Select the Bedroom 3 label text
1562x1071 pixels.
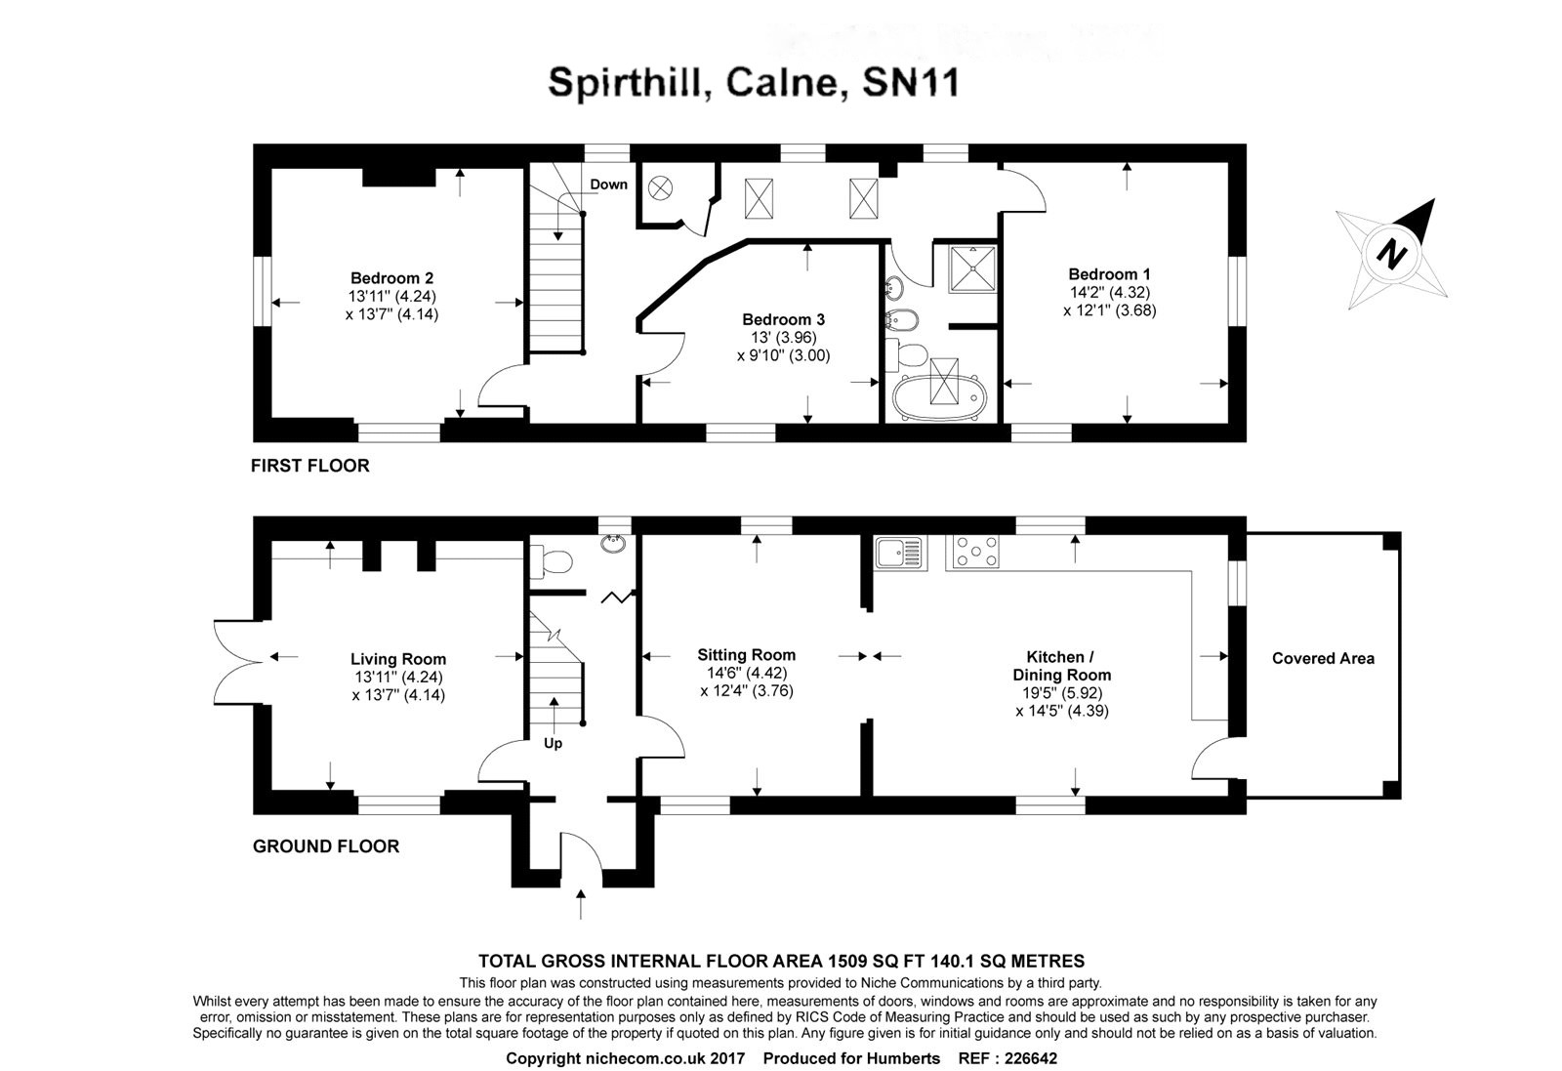[x=783, y=319]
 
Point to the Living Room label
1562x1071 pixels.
[x=398, y=659]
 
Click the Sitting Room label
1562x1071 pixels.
[x=746, y=655]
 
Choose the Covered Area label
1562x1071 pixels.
[x=1323, y=659]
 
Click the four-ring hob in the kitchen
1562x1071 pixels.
[x=973, y=553]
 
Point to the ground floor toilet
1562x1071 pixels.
[x=554, y=561]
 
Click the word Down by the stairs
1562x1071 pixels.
[x=608, y=185]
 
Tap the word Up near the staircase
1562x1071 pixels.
[x=553, y=743]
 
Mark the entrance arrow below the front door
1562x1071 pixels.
[x=582, y=903]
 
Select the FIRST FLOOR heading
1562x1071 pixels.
[x=309, y=466]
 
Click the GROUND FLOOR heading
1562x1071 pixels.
[x=325, y=846]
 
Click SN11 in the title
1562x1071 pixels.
[x=912, y=83]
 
